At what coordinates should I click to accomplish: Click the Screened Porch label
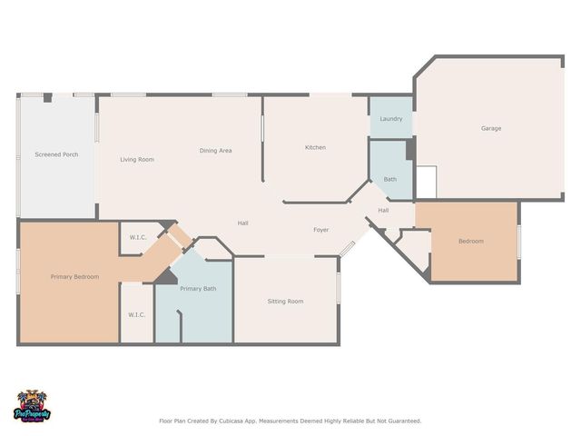[56, 154]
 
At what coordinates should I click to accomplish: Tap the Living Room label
[137, 159]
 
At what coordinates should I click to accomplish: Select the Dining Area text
[215, 150]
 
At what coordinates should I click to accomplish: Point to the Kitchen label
[315, 147]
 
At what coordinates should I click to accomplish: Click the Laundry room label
[390, 119]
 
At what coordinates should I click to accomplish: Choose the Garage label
[491, 128]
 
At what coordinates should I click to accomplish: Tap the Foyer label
[321, 230]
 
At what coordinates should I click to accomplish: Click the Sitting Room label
[285, 301]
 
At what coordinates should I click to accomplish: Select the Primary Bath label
[198, 288]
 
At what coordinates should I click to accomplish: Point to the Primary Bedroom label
[74, 276]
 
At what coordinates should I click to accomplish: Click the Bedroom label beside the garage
[470, 241]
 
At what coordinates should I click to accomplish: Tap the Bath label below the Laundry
[389, 179]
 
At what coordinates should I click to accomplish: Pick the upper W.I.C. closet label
[138, 238]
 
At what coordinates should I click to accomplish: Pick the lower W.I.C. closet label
[136, 314]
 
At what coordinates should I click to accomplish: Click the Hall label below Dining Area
[243, 223]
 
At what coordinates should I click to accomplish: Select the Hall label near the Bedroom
[383, 210]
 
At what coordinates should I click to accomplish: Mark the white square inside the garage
[426, 182]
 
